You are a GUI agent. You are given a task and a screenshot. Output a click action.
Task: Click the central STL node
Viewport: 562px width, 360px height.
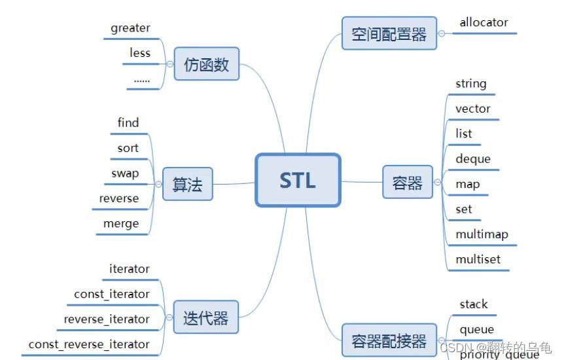[298, 180]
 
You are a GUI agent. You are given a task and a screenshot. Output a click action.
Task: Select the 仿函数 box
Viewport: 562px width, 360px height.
[206, 64]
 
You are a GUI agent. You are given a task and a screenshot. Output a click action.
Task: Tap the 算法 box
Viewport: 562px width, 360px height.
[188, 184]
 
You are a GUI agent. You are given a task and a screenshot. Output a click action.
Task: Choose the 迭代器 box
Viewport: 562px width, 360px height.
[206, 317]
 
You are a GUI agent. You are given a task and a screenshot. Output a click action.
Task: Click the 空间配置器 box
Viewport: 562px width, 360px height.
[389, 33]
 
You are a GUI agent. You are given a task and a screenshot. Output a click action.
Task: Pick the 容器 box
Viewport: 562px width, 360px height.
[408, 182]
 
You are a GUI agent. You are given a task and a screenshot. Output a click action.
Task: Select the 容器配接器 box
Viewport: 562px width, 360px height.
[389, 340]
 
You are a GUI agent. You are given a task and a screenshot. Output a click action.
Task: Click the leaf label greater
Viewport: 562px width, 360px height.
[130, 28]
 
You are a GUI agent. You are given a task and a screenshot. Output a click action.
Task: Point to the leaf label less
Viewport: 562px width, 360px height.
[140, 53]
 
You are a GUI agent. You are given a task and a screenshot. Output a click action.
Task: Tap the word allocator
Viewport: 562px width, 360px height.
[483, 22]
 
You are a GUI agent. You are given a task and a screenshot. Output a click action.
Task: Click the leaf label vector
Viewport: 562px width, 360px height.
[473, 109]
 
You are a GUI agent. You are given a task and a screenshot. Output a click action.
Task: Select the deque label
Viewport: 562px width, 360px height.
[473, 159]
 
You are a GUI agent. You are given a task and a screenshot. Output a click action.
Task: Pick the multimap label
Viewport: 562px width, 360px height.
[482, 234]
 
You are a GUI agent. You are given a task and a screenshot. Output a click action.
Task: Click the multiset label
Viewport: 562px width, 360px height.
[478, 259]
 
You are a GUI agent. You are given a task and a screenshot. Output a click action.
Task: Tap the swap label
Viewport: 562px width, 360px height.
[124, 173]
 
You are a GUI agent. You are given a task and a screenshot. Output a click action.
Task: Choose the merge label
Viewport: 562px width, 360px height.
[121, 224]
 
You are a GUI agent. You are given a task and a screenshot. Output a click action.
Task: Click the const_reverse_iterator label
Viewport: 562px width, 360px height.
[89, 344]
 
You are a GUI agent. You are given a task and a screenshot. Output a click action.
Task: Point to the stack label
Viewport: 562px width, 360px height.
[474, 304]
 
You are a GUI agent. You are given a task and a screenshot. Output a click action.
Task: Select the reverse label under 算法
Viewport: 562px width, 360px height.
[119, 198]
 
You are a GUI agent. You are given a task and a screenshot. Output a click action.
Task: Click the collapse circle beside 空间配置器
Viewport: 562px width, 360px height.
[442, 33]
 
